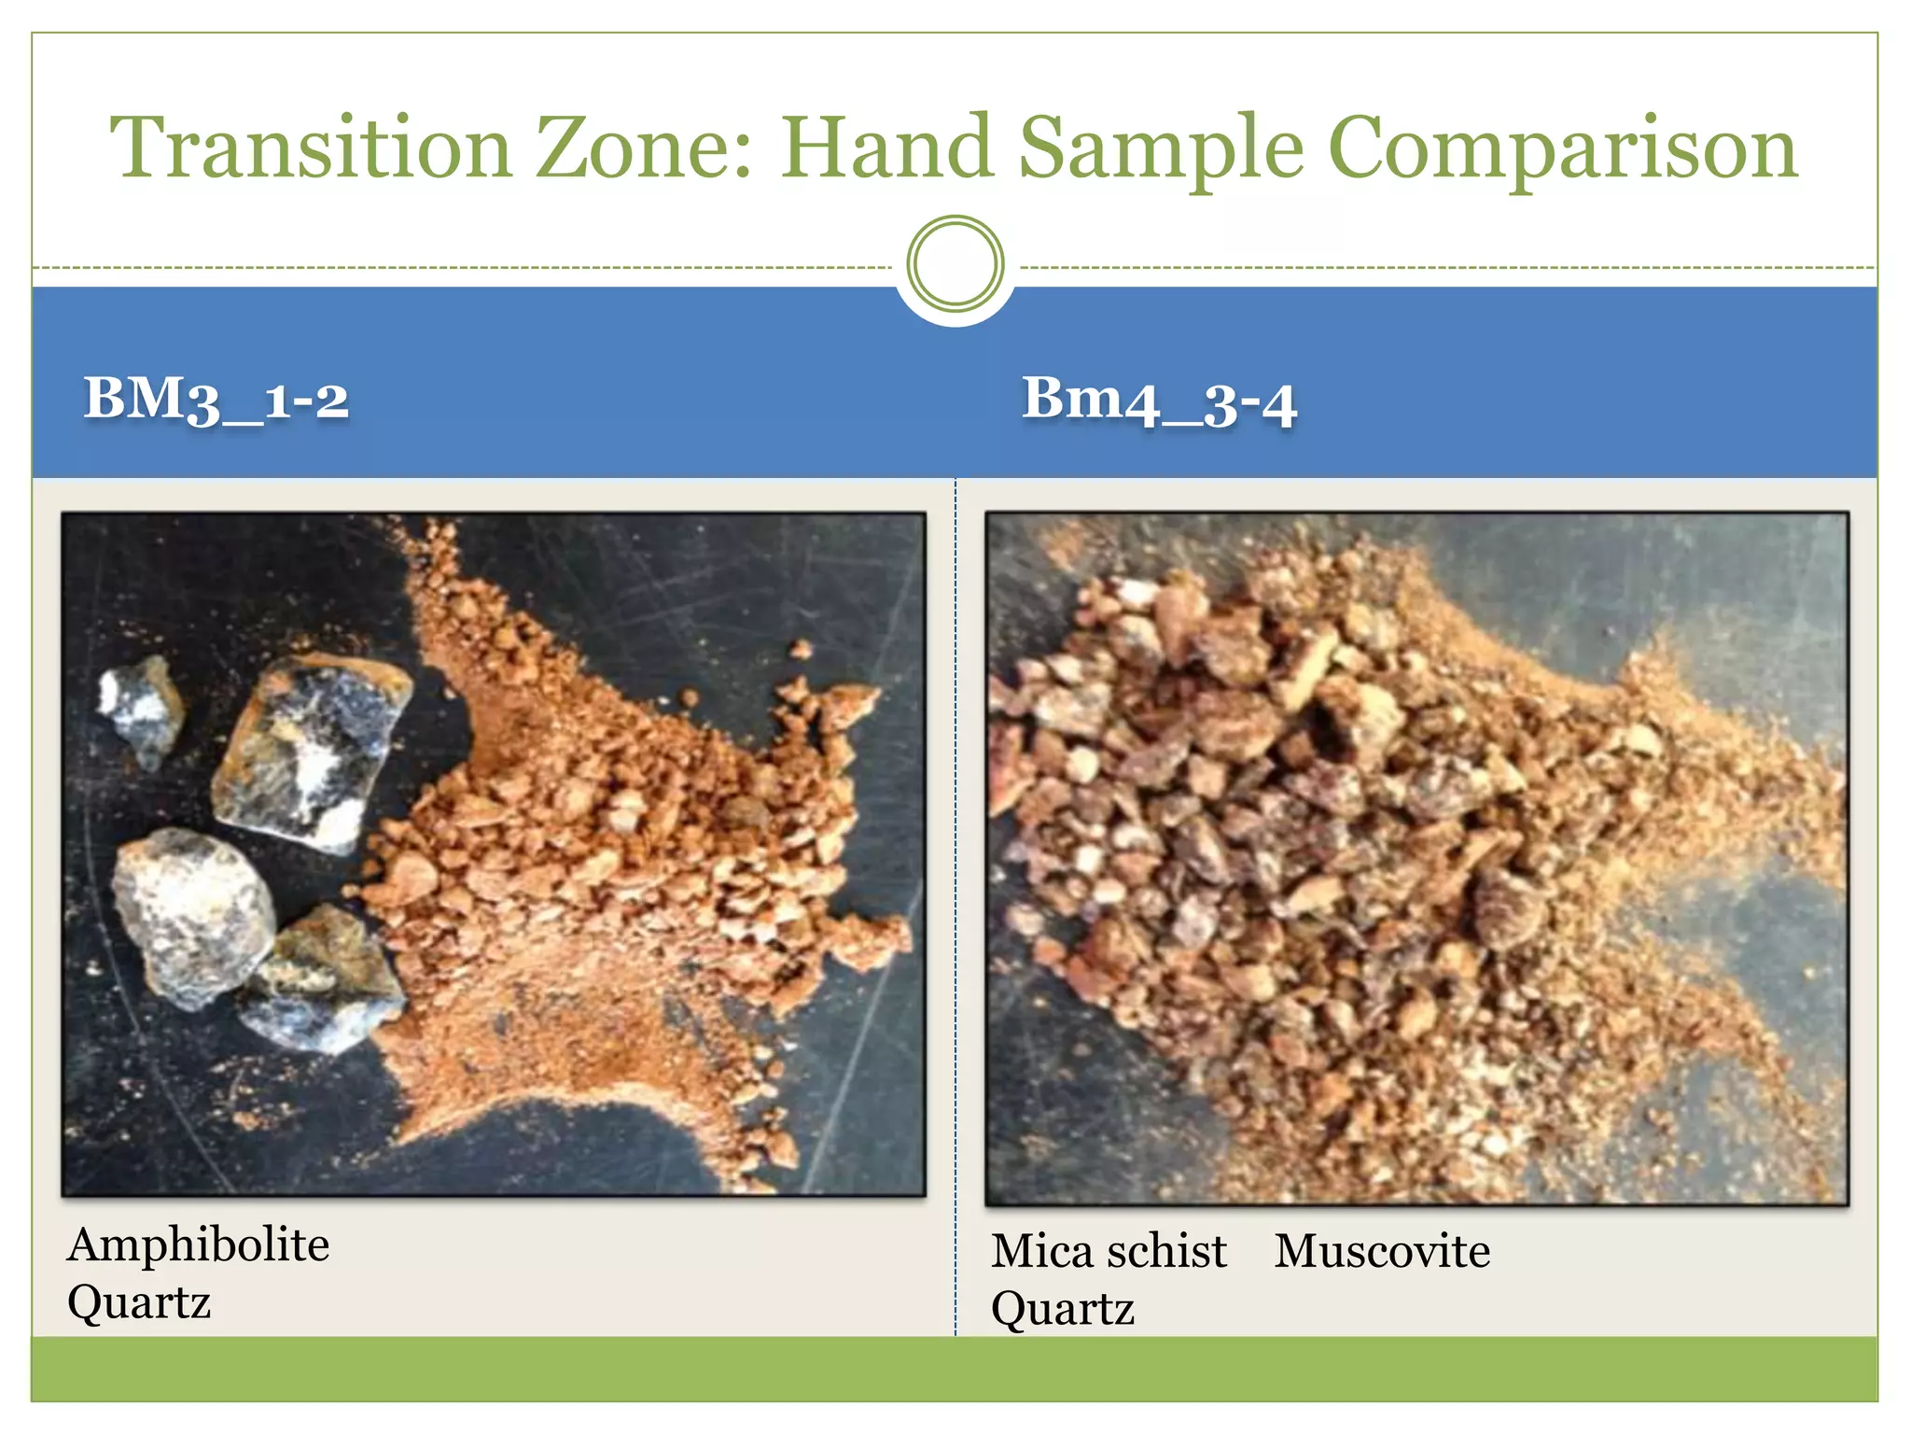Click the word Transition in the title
311,148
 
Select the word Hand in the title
886,148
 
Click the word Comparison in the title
1562,149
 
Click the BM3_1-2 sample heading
216,400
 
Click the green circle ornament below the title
955,264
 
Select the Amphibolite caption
199,1244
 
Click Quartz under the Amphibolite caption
139,1302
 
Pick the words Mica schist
1109,1251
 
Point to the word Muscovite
1382,1251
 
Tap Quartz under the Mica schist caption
1063,1309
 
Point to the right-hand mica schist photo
1416,859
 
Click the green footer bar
954,1369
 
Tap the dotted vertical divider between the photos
955,906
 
